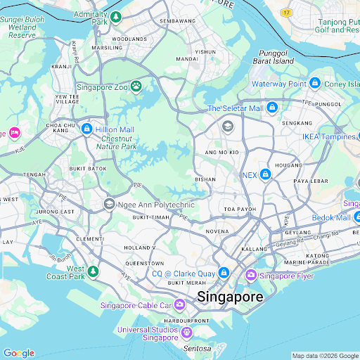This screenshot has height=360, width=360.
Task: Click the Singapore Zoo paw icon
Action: [x=136, y=87]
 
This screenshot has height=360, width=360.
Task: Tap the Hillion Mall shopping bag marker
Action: [x=86, y=129]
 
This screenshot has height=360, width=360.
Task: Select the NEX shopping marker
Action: [x=266, y=174]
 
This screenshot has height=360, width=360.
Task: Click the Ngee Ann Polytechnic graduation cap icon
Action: [x=109, y=204]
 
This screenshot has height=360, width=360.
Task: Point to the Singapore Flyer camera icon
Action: [x=250, y=275]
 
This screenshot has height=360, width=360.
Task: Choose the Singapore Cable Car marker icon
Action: [x=179, y=304]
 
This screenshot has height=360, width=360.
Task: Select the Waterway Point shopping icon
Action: [x=316, y=84]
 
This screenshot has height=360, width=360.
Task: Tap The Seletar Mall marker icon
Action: [x=271, y=108]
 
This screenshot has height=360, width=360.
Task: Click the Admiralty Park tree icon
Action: [x=115, y=15]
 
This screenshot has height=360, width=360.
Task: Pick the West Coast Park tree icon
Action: [x=93, y=271]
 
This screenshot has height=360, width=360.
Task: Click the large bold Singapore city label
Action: [x=230, y=297]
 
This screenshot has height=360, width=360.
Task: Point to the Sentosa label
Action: [x=197, y=348]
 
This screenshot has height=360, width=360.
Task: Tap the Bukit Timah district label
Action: [x=150, y=219]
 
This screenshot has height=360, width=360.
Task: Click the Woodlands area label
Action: [x=129, y=39]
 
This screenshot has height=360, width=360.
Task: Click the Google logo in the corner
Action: [x=18, y=353]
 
